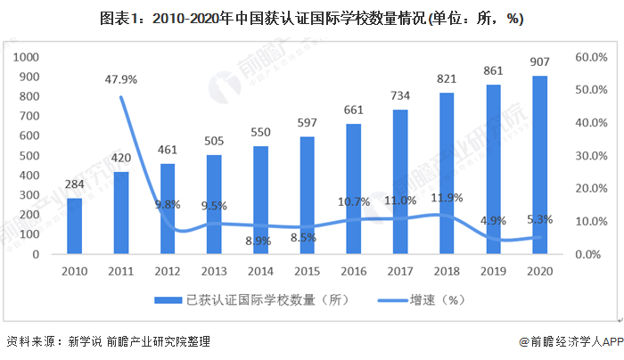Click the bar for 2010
tap(74, 226)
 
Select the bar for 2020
tap(540, 165)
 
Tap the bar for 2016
tap(353, 189)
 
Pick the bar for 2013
tap(214, 204)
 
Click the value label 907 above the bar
tap(539, 61)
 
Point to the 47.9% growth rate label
tap(121, 79)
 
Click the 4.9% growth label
tap(493, 220)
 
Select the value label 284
tap(74, 184)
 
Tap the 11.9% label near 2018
tap(447, 198)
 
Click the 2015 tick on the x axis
tap(308, 271)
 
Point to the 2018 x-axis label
tap(447, 271)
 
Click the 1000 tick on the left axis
tap(26, 57)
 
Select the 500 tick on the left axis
tap(29, 156)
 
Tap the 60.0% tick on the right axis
tap(591, 57)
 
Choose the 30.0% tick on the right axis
tap(591, 156)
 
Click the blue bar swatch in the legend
tap(168, 300)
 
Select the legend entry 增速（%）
tap(421, 300)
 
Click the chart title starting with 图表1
tap(312, 19)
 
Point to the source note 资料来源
tap(108, 341)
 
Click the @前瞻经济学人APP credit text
tap(571, 341)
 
